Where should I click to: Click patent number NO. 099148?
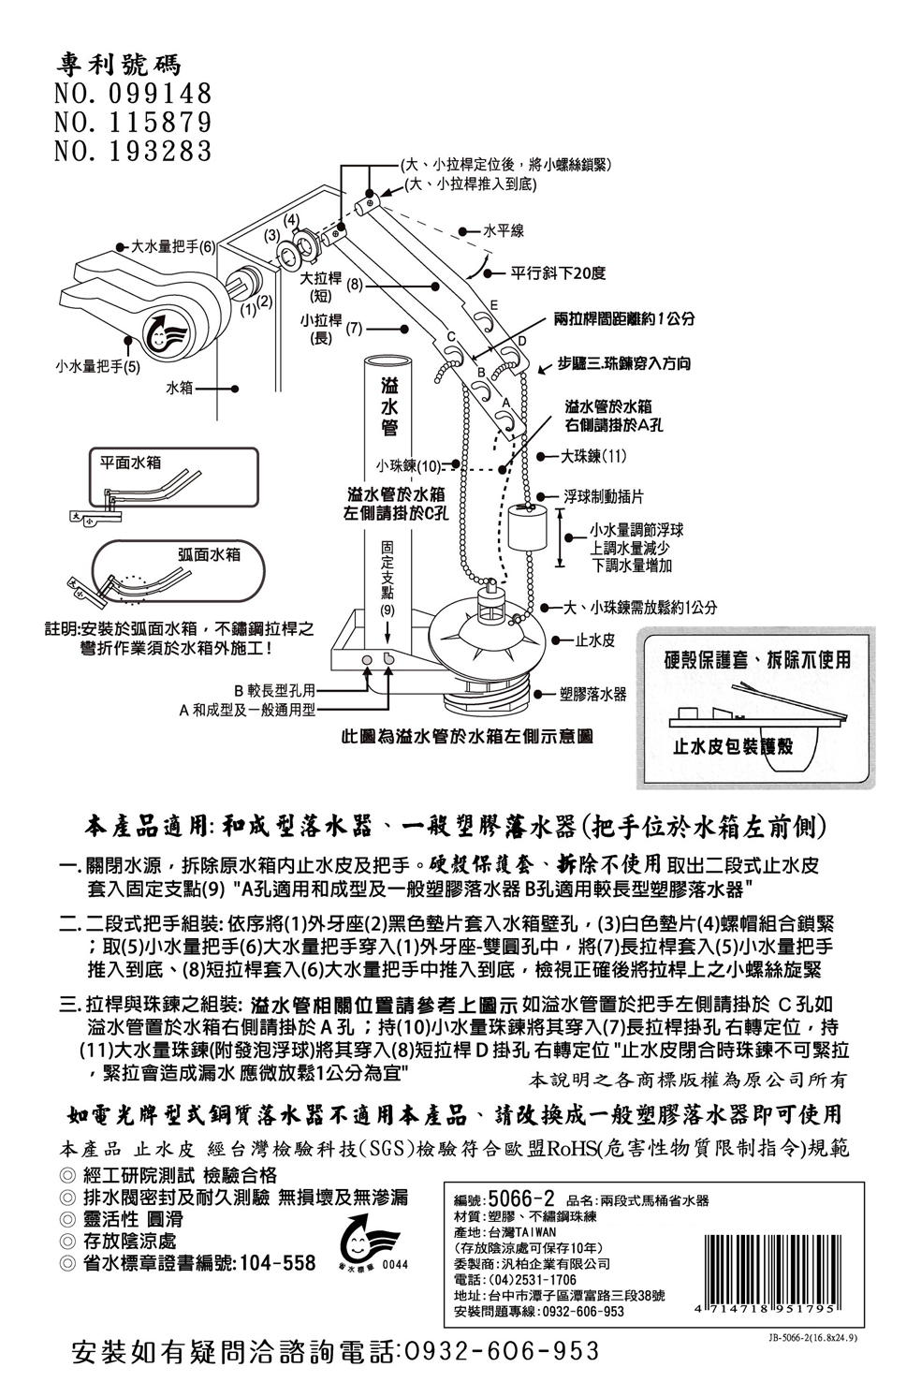coord(133,94)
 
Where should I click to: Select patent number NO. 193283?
coord(133,150)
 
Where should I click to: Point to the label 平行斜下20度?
coord(558,273)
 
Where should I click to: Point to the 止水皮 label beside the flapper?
coord(594,640)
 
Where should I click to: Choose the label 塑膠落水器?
coord(592,694)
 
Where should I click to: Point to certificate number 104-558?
coord(278,1263)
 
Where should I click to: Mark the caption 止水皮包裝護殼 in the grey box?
coord(732,745)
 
